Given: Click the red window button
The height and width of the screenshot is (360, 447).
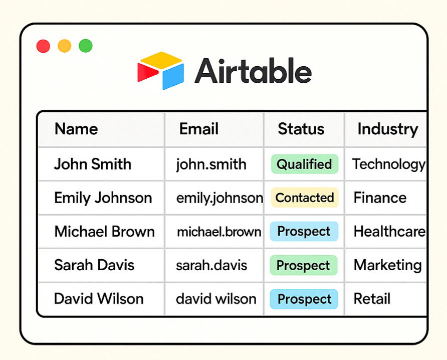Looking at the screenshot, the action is coord(43,46).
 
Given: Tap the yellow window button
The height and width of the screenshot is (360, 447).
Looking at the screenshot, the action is coord(65,46).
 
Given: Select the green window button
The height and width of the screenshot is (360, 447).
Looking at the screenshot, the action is coord(86,46).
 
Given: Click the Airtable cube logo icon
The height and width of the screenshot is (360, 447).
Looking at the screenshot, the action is coord(160,71).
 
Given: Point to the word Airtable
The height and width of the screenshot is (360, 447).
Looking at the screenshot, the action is coord(253,71).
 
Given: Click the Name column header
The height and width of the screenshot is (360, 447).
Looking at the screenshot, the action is coord(76,129).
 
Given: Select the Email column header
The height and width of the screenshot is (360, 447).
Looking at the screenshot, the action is coord(199,129).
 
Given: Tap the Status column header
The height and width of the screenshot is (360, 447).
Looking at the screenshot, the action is coord(301,129).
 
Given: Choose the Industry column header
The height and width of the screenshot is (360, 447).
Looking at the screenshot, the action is coord(388,129).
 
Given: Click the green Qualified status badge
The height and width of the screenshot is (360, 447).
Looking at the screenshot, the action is coord(305,164).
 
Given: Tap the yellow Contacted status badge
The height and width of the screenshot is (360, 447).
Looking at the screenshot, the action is coord(305,198).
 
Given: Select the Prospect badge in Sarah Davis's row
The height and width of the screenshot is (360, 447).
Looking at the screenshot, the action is coord(304,265).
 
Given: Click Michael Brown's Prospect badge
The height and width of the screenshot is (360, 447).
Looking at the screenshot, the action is coord(304,231).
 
